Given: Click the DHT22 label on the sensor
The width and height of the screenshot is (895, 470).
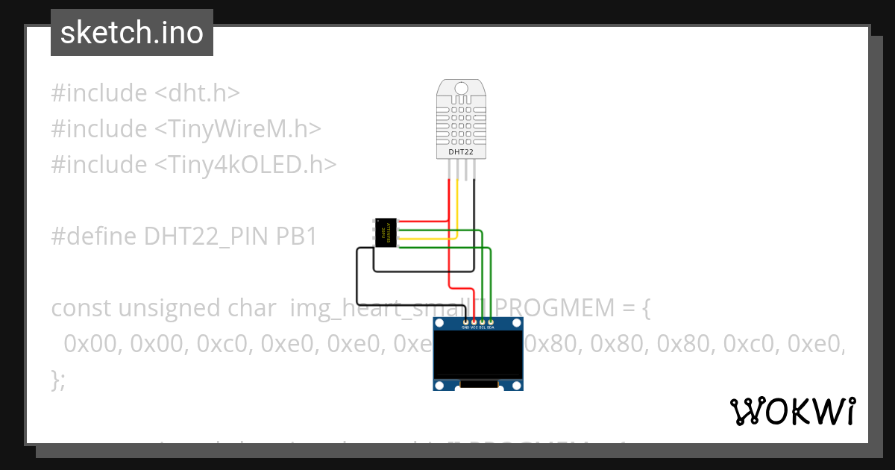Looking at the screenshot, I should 460,152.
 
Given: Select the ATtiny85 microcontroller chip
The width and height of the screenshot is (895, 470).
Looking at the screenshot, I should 385,233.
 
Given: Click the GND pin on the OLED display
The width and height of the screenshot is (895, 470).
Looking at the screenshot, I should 465,322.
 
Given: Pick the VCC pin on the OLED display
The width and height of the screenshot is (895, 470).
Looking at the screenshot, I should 474,322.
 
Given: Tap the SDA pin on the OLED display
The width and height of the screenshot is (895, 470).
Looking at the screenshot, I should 491,322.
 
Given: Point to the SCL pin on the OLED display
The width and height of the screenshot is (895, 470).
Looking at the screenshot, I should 483,322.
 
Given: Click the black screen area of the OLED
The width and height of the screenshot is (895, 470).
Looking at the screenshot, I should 478,355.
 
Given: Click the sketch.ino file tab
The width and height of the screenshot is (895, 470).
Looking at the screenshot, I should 132,33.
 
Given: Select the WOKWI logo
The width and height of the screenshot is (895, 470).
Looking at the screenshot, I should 793,411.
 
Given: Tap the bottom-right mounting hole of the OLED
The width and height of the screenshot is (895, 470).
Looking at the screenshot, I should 515,385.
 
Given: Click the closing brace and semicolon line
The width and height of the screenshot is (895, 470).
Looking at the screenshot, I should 58,379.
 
